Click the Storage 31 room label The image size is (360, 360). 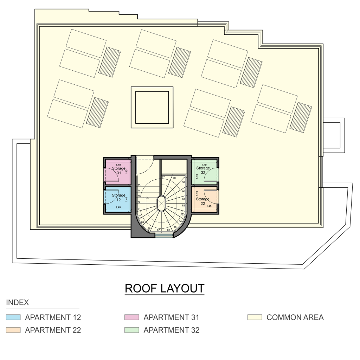point(119,171)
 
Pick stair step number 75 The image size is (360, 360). point(139,185)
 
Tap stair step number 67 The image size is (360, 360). point(159,230)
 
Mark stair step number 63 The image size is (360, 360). point(183,214)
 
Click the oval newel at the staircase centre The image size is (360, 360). point(161,203)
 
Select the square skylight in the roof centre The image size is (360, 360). point(152,107)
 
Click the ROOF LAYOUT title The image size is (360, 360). point(165,289)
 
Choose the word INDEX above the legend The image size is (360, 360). point(18,303)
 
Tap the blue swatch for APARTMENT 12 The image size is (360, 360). point(13,317)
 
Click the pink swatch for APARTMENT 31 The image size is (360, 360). point(132,317)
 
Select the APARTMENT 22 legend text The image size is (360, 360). point(53,330)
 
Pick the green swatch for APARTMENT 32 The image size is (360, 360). point(132,330)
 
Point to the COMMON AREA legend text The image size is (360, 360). point(295,317)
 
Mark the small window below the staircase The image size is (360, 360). point(164,236)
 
